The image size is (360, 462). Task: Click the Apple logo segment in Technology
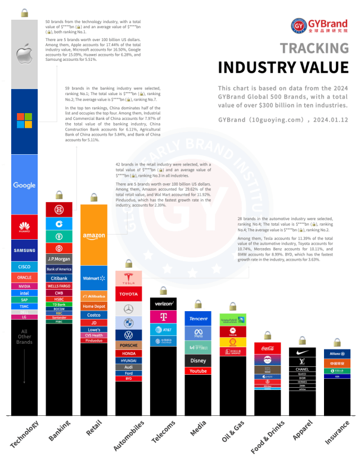click(x=24, y=55)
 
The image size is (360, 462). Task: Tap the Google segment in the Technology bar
click(x=24, y=185)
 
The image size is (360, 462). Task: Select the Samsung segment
click(x=24, y=250)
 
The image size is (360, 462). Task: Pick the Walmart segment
click(x=94, y=278)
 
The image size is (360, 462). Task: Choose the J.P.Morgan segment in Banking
click(x=58, y=259)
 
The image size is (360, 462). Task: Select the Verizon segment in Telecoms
click(x=164, y=303)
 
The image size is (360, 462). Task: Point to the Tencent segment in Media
click(x=198, y=319)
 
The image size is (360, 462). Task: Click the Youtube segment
click(x=198, y=371)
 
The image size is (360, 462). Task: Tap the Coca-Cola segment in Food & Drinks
click(x=268, y=348)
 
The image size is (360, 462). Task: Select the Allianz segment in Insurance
click(x=337, y=353)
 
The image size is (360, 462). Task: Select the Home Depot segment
click(x=94, y=306)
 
